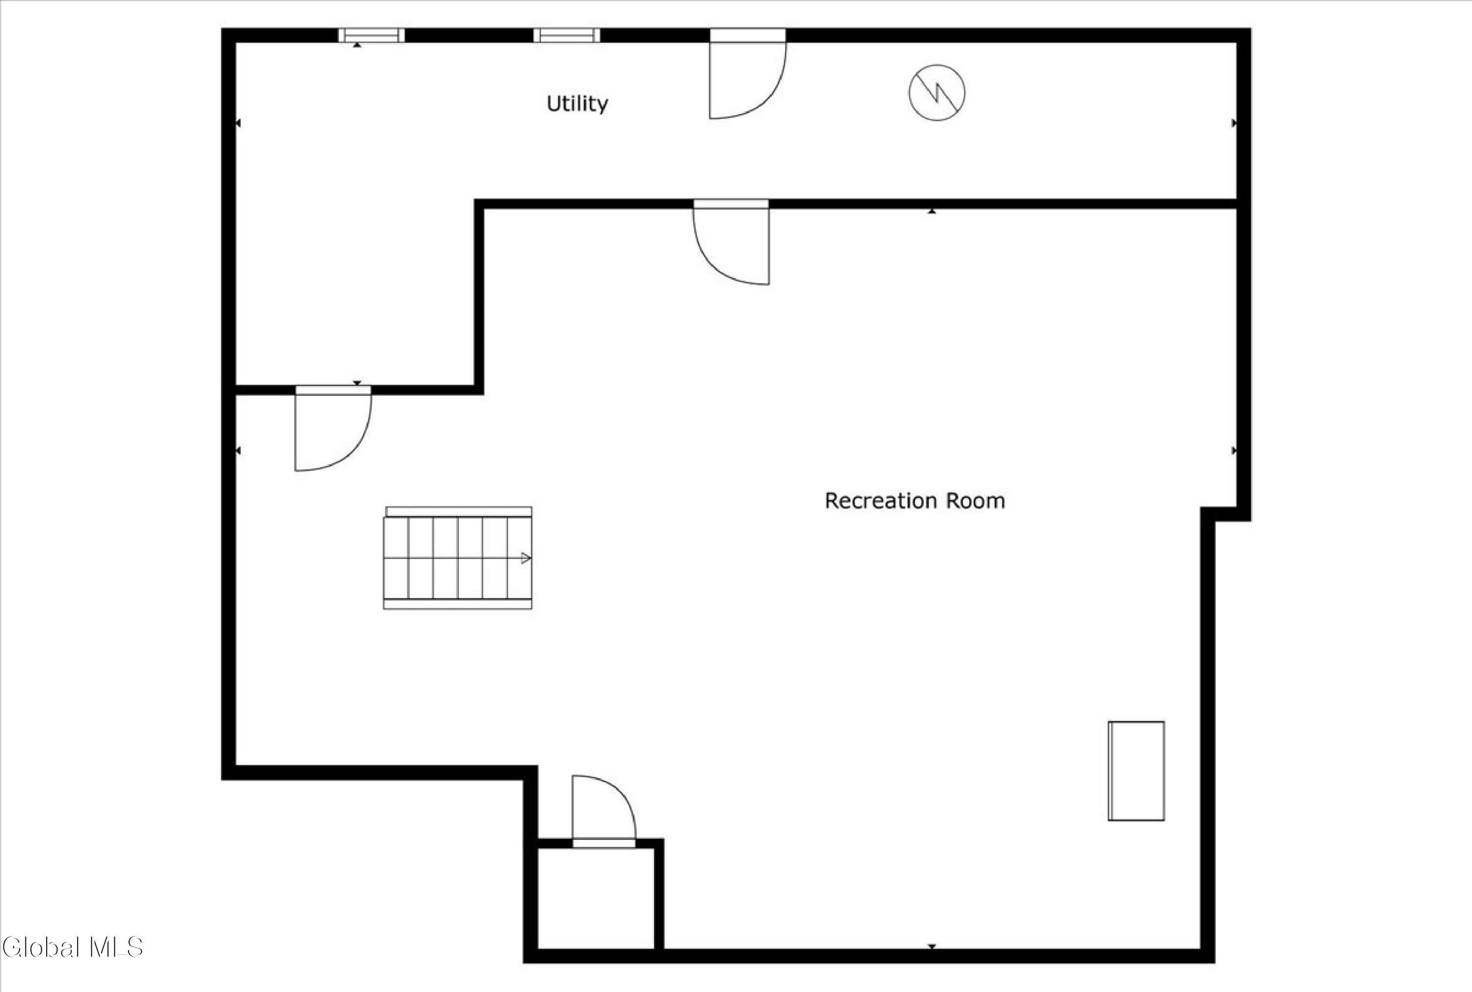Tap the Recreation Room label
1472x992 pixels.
point(915,501)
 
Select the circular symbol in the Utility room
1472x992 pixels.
point(937,93)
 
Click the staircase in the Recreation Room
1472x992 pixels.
point(458,558)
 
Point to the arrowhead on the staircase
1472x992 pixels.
point(526,558)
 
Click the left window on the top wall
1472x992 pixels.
point(371,35)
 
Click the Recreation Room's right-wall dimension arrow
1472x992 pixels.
point(1234,451)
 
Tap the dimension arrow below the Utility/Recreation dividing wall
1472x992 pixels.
point(932,211)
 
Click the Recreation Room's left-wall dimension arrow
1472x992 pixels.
point(238,451)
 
